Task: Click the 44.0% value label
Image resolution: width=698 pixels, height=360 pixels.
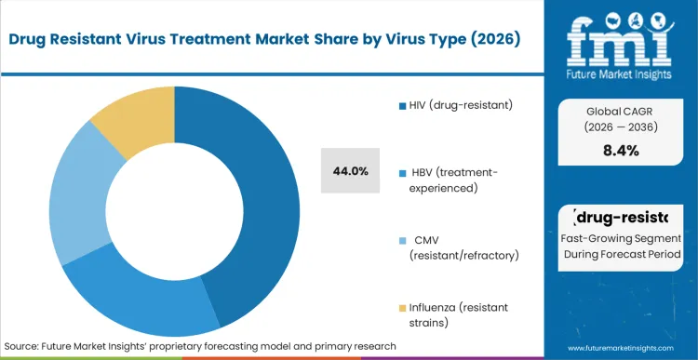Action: pos(351,171)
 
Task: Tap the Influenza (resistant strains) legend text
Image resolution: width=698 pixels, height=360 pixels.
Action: pos(461,313)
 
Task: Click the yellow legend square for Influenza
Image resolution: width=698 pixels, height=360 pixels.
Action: pos(401,307)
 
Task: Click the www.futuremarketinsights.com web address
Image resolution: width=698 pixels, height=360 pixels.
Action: pos(619,346)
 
